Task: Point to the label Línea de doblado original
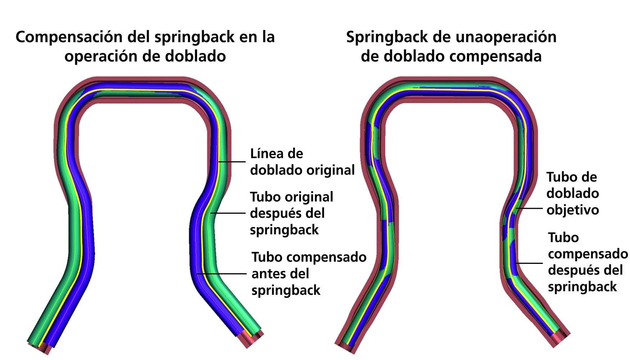[x=302, y=162]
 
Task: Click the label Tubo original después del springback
[x=291, y=213]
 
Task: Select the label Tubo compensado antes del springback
[x=309, y=274]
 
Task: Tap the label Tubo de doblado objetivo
[x=572, y=193]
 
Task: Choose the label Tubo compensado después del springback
[x=588, y=262]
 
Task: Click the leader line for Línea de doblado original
[x=232, y=162]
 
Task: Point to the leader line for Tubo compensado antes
[x=222, y=274]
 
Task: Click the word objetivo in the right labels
[x=572, y=210]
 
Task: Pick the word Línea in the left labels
[x=267, y=154]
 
